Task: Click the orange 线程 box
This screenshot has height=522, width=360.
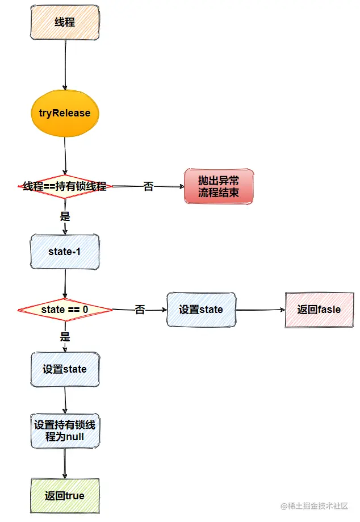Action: tap(64, 23)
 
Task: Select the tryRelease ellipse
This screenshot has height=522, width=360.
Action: tap(64, 112)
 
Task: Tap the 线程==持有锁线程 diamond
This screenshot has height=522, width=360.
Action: tap(65, 186)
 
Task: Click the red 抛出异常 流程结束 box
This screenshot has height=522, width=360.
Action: tap(219, 186)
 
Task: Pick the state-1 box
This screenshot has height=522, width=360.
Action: tap(65, 252)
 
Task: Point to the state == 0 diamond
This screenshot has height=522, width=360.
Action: tap(65, 310)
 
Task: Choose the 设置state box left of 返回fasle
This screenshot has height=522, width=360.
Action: tap(201, 310)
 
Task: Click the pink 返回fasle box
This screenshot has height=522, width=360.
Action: tap(319, 310)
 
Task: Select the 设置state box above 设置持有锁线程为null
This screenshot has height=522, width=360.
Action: tap(65, 369)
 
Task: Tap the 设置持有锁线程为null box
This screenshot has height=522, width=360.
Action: tap(65, 431)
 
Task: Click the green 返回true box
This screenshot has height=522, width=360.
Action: tap(65, 496)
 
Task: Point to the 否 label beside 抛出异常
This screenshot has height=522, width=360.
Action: tap(148, 186)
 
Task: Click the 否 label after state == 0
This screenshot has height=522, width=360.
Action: tap(140, 310)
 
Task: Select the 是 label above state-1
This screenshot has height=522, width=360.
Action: tap(65, 216)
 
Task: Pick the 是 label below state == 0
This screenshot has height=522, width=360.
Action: tap(65, 337)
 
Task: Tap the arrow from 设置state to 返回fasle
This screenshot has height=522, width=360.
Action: tap(259, 310)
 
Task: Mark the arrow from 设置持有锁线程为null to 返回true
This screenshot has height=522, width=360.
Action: tap(64, 463)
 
